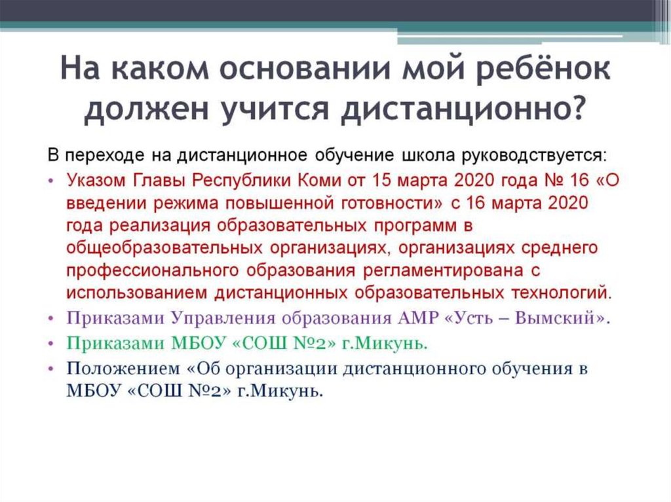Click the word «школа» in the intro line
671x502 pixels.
(422, 156)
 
